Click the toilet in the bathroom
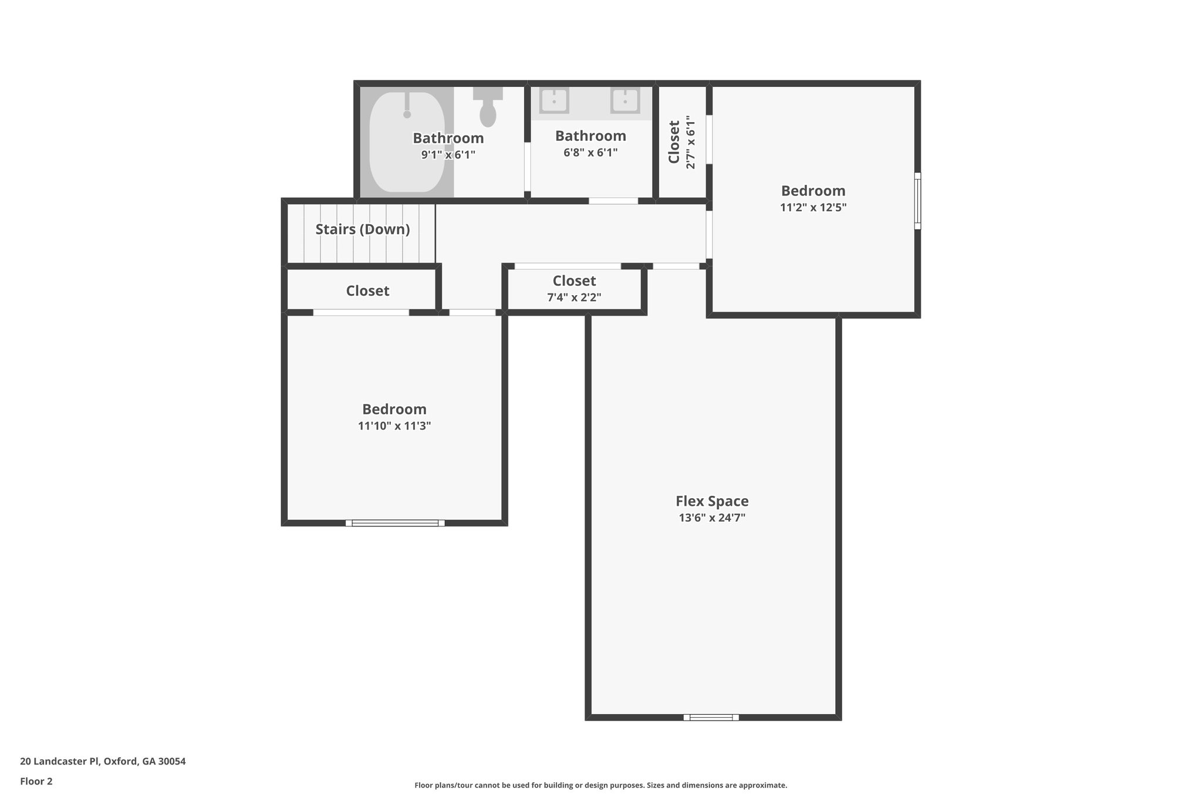coord(488,109)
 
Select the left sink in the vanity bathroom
coord(553,100)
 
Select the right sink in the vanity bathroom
coord(625,100)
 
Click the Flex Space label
coord(711,501)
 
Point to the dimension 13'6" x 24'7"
coord(711,518)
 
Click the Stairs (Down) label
coord(363,229)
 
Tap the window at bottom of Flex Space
coord(711,717)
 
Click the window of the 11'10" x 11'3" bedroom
coord(395,523)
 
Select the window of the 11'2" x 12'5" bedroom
coord(917,200)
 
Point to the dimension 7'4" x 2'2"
coord(574,298)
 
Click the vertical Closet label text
coord(674,142)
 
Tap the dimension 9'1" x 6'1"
coord(448,155)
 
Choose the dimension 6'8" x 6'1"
coord(590,153)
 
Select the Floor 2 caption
coord(36,781)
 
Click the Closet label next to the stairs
coord(367,291)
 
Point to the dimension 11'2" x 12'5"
coord(813,207)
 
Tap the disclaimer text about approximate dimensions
coord(600,785)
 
